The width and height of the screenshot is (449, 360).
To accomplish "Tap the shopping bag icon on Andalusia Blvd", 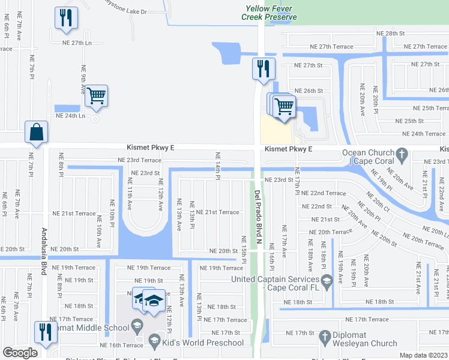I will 37,133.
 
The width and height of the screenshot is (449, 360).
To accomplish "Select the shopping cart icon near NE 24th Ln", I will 96,96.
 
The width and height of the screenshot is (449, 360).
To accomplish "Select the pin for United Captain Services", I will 327,280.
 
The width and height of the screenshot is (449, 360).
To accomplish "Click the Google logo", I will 20,353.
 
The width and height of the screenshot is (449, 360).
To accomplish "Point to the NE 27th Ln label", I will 77,43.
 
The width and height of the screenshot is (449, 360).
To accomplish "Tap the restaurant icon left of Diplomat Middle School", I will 46,332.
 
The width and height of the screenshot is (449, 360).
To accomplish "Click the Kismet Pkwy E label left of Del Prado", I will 151,147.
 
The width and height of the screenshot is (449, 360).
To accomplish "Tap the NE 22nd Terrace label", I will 323,193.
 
